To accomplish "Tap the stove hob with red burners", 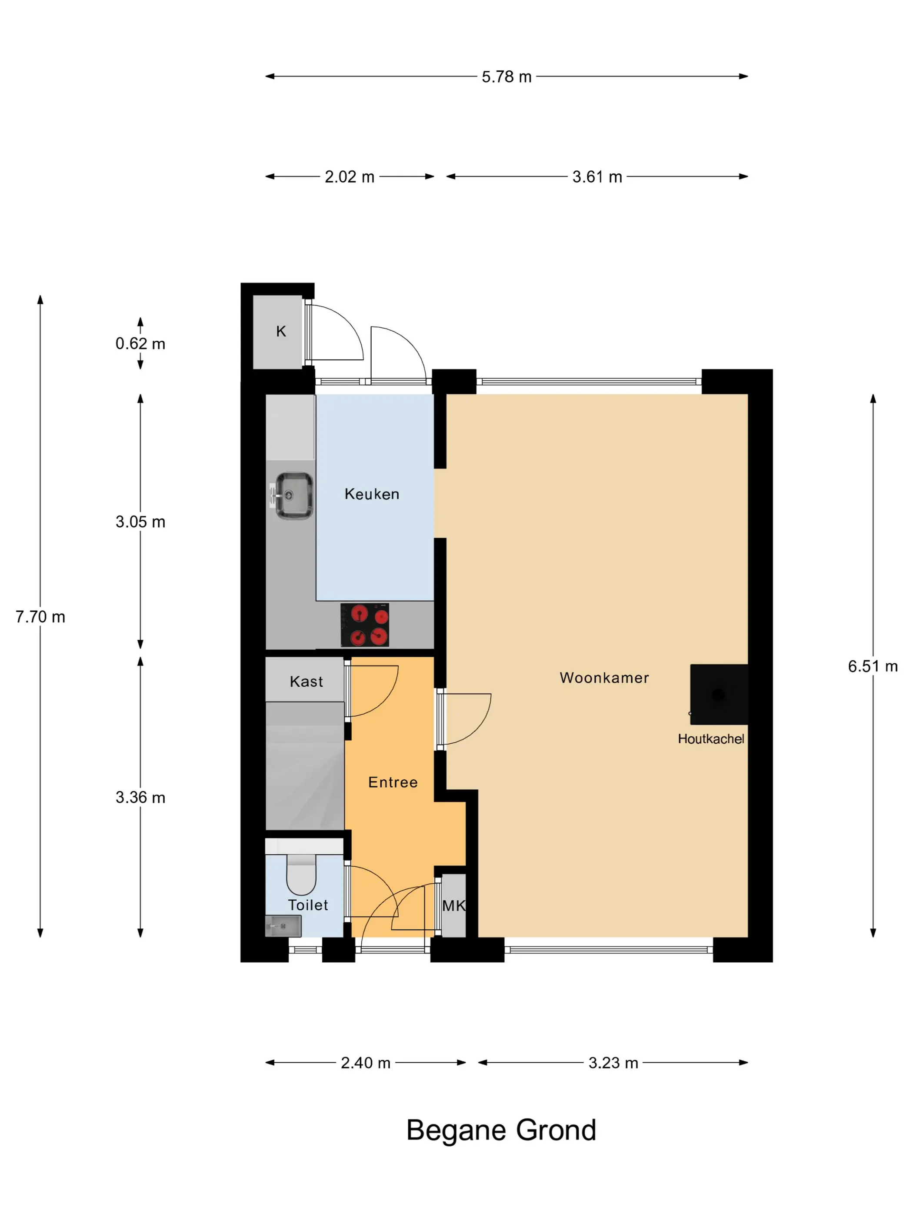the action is [x=364, y=625].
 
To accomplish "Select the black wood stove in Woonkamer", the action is [x=719, y=694].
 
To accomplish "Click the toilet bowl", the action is [x=301, y=874].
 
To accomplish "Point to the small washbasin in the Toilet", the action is [x=283, y=926].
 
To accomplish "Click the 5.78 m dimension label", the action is [x=506, y=76].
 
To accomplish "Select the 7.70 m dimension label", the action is [x=40, y=617].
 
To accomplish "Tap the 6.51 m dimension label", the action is [x=872, y=666].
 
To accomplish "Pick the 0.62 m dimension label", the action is [x=140, y=344].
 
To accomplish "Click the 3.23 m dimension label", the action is [x=613, y=1063].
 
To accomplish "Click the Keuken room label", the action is [x=372, y=494].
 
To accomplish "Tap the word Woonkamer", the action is [x=604, y=678].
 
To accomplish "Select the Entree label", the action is [x=393, y=782].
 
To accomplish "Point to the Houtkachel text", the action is [x=711, y=739].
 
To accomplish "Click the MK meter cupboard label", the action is [x=454, y=906].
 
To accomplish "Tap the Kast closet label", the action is [x=307, y=682].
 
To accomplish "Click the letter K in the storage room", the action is [x=281, y=331].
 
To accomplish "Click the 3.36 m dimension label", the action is [x=140, y=798].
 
